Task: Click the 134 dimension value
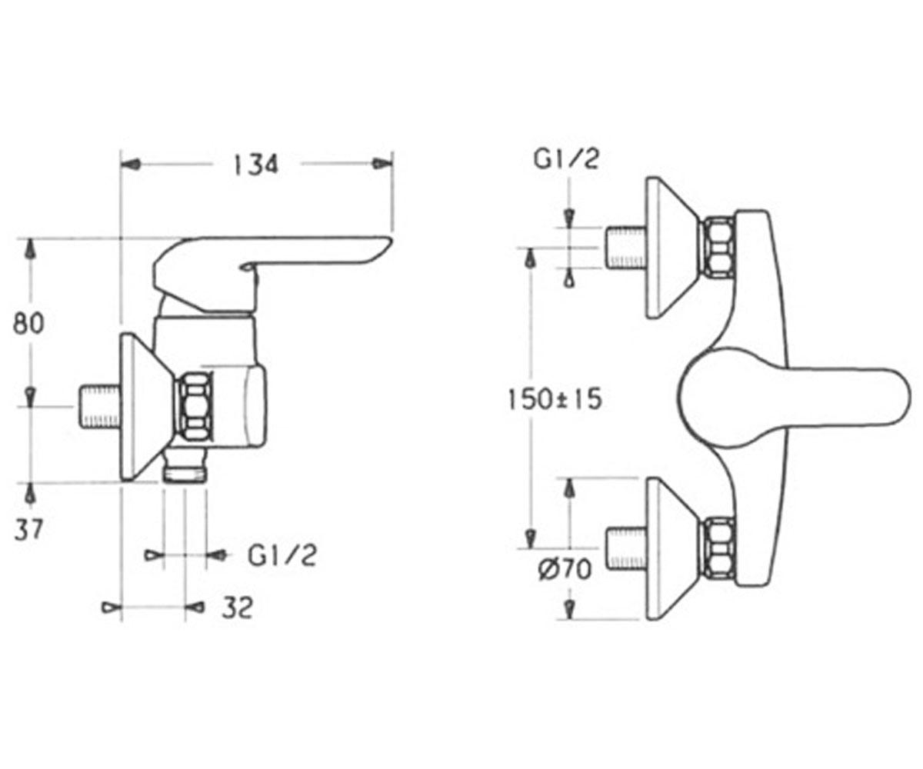pyautogui.click(x=256, y=165)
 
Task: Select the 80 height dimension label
pyautogui.click(x=28, y=323)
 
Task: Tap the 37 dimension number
pyautogui.click(x=28, y=530)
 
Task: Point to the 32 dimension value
pyautogui.click(x=238, y=608)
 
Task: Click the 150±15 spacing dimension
pyautogui.click(x=555, y=399)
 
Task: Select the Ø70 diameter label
pyautogui.click(x=565, y=569)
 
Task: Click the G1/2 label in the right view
pyautogui.click(x=566, y=159)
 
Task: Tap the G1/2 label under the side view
pyautogui.click(x=282, y=555)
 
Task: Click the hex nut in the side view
pyautogui.click(x=195, y=406)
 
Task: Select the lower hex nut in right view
pyautogui.click(x=718, y=548)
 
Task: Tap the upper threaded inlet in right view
pyautogui.click(x=625, y=248)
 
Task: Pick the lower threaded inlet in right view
pyautogui.click(x=626, y=548)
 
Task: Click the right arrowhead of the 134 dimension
pyautogui.click(x=382, y=164)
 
